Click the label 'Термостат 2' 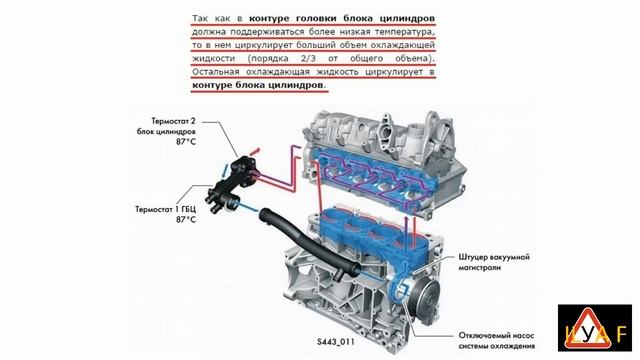(165, 118)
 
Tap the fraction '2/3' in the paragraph (332, 57)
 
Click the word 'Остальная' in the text (224, 72)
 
